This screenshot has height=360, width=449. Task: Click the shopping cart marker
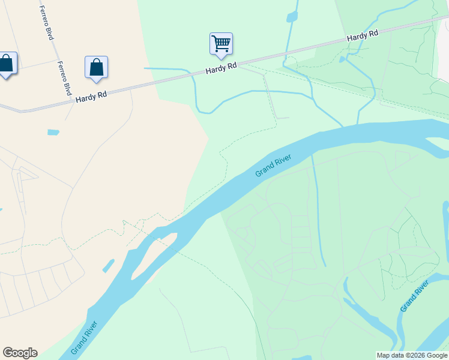pos(221,44)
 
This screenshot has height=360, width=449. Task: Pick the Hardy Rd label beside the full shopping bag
pos(91,96)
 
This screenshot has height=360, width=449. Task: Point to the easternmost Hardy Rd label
pos(363,37)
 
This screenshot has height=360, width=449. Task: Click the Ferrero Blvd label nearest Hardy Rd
pos(64,77)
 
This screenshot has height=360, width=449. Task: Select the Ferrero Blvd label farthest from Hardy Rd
pos(47,23)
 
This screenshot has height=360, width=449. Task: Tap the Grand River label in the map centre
pos(273,166)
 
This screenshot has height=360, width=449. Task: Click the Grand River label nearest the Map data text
pos(415,295)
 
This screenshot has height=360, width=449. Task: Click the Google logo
pos(20,353)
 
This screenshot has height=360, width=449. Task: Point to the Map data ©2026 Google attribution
pos(412,355)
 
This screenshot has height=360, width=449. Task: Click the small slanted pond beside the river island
pos(108,265)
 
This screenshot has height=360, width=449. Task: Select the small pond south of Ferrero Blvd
pos(53,132)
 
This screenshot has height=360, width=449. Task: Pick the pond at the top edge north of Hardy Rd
pos(292,15)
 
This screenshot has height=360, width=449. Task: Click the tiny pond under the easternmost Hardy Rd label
pos(342,59)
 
